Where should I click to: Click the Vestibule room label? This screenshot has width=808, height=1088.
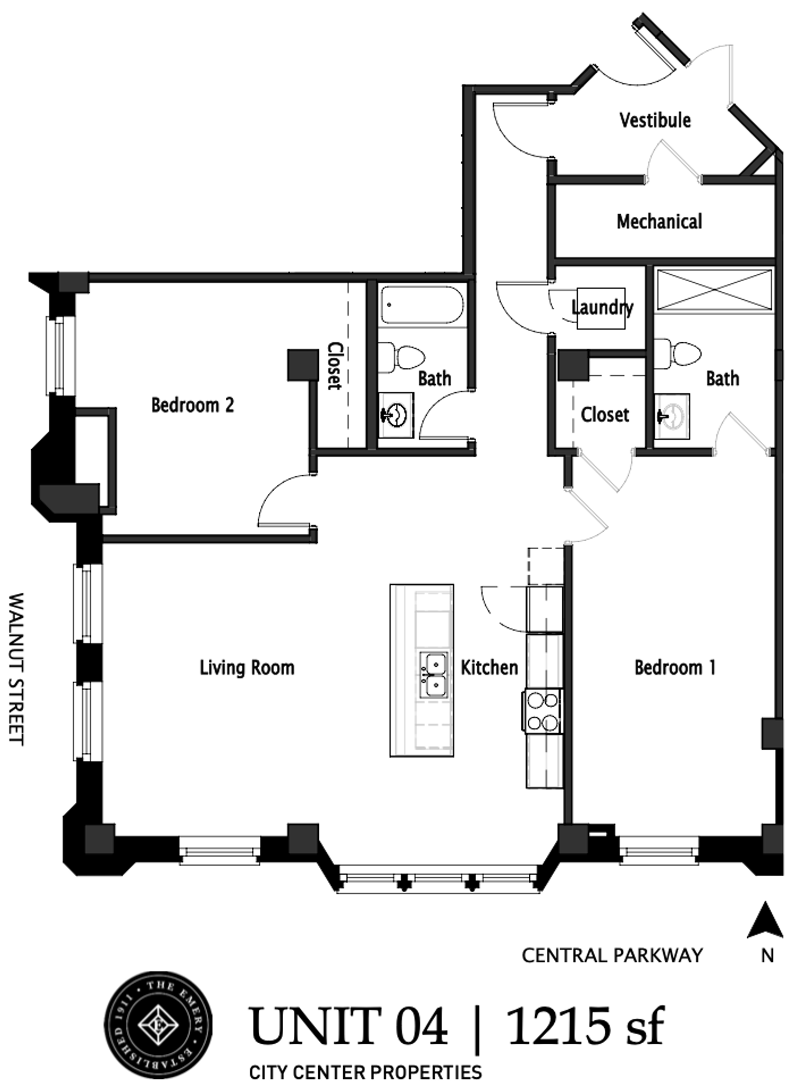(655, 120)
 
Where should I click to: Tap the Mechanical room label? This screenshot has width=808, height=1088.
(659, 221)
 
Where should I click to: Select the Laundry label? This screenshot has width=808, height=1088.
(602, 308)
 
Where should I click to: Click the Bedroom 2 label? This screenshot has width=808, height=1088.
(193, 405)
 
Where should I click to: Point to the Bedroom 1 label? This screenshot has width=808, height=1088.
(675, 668)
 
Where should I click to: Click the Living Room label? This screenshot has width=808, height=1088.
(247, 668)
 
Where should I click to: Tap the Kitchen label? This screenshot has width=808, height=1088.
(489, 668)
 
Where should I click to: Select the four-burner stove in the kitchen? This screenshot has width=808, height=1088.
(542, 711)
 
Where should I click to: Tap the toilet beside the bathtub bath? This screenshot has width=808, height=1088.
(403, 357)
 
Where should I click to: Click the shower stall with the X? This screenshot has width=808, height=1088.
(713, 290)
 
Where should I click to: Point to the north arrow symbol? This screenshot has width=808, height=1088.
(766, 921)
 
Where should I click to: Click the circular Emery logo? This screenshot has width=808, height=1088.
(159, 1025)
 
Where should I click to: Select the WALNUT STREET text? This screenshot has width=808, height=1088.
(18, 669)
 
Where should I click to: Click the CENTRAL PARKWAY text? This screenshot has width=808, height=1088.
(612, 955)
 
